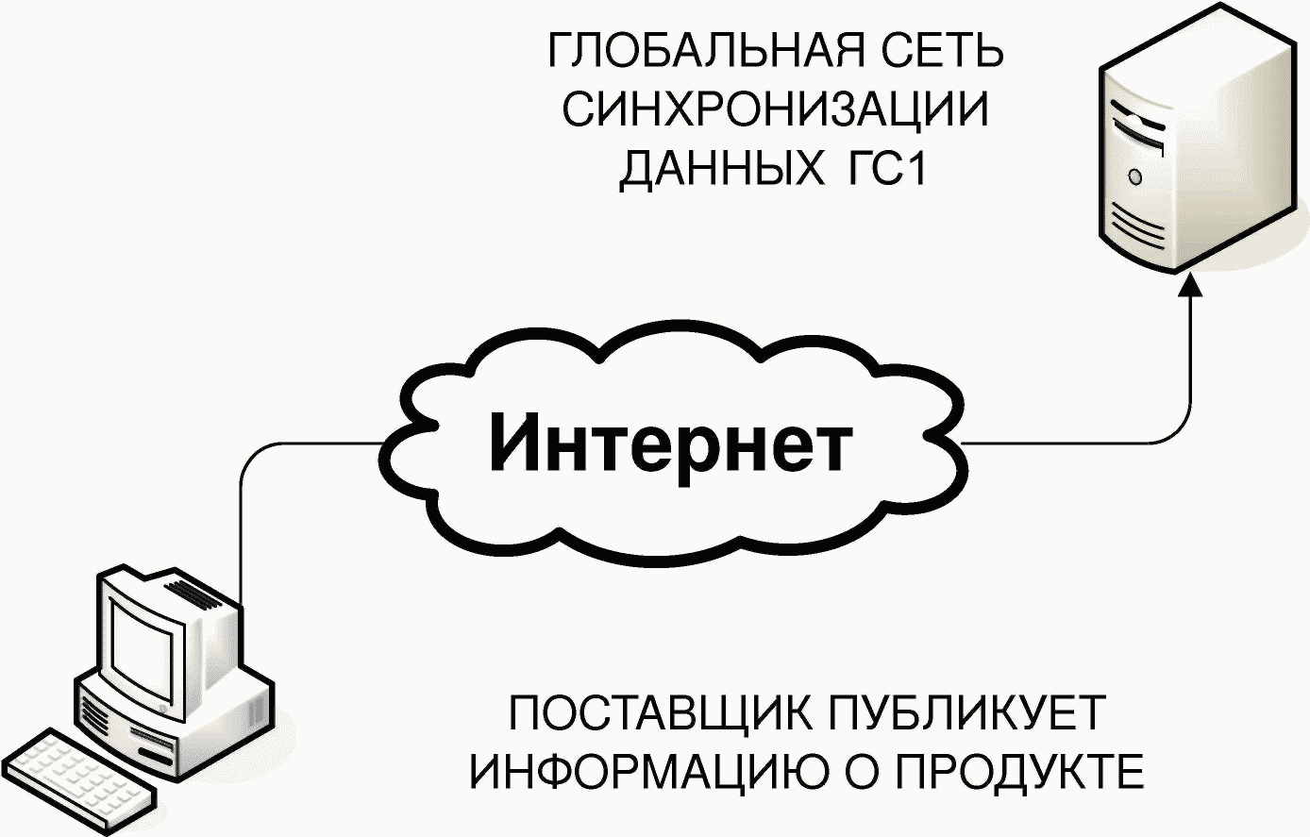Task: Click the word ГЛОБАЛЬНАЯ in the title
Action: coord(706,52)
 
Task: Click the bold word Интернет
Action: coord(671,443)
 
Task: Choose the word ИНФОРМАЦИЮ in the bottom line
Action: coord(649,773)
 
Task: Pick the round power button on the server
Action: coord(1135,177)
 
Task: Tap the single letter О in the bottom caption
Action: coord(862,773)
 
